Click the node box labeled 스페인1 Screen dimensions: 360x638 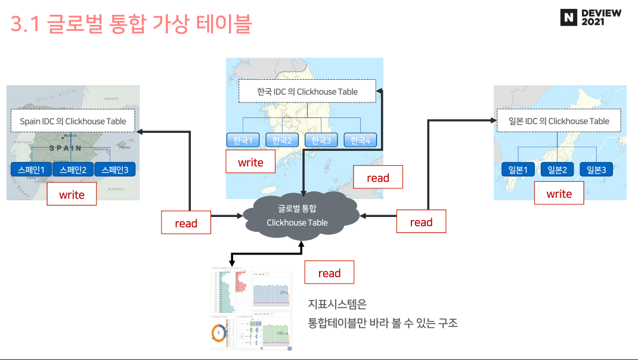[x=31, y=170]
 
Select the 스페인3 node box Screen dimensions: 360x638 [x=115, y=170]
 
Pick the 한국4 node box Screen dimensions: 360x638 [x=360, y=141]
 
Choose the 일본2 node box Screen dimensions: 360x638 [x=557, y=170]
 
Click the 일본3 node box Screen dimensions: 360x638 [x=596, y=170]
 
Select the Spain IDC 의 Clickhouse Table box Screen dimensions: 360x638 [x=73, y=121]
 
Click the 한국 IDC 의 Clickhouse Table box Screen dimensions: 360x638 [x=307, y=91]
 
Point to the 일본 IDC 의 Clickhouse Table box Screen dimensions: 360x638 [x=559, y=121]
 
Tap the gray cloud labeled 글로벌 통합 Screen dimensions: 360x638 [x=298, y=215]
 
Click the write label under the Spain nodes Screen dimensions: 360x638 [x=72, y=194]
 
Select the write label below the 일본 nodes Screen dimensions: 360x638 [x=559, y=193]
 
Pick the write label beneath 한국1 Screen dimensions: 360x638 [x=250, y=162]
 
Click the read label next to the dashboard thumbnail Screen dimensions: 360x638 [x=329, y=273]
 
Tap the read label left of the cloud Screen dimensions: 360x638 [x=186, y=223]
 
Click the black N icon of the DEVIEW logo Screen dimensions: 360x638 [x=569, y=18]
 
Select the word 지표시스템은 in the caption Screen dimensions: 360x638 [x=337, y=304]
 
